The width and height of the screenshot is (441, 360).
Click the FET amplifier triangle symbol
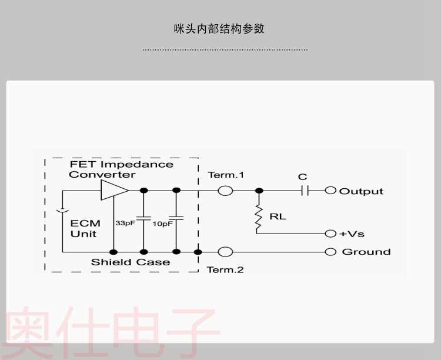pyautogui.click(x=113, y=191)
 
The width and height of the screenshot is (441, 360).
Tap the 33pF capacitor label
pyautogui.click(x=124, y=224)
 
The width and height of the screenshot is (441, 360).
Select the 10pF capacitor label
pyautogui.click(x=162, y=224)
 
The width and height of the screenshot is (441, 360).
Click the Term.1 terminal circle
pyautogui.click(x=225, y=191)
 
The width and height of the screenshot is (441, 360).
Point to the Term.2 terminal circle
pyautogui.click(x=225, y=252)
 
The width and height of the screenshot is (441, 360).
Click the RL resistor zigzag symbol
pyautogui.click(x=258, y=217)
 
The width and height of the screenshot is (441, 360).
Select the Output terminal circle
pyautogui.click(x=330, y=191)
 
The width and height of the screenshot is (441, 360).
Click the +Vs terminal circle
pyautogui.click(x=330, y=234)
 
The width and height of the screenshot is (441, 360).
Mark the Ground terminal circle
pyautogui.click(x=330, y=252)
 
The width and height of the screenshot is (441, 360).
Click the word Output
pyautogui.click(x=361, y=191)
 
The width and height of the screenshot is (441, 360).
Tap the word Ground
pyautogui.click(x=366, y=252)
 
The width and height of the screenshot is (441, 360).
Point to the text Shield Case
pyautogui.click(x=131, y=262)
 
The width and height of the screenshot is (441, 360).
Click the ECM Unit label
pyautogui.click(x=85, y=228)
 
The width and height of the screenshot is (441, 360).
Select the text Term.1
pyautogui.click(x=226, y=175)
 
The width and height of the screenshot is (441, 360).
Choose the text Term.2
pyautogui.click(x=225, y=270)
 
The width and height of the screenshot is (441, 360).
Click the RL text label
pyautogui.click(x=278, y=216)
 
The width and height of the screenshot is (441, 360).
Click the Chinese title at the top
pyautogui.click(x=219, y=28)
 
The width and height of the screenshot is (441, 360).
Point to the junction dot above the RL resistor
pyautogui.click(x=258, y=191)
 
